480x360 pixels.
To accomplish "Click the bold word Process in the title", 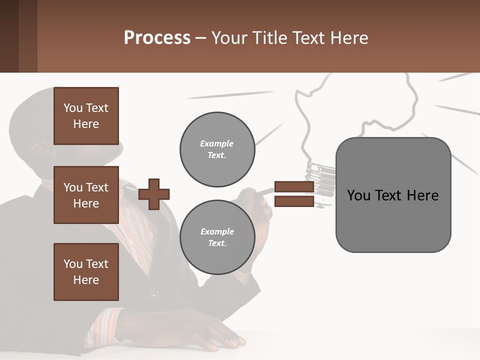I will tap(157, 38).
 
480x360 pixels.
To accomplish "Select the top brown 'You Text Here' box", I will tap(86, 116).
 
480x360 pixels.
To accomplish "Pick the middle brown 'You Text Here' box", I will tap(86, 195).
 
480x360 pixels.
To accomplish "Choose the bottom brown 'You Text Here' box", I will tap(86, 272).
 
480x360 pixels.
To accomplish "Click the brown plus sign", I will tap(154, 194).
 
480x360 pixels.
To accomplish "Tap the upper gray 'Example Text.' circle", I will tap(217, 149).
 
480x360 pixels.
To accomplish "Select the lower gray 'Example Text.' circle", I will tap(217, 237).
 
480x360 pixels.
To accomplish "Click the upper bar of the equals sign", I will tap(294, 187).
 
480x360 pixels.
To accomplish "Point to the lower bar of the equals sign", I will tap(294, 201).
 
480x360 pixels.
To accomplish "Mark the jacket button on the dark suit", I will tap(154, 295).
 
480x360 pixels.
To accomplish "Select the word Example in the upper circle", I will tap(217, 143).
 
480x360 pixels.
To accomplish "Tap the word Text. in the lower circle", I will tap(217, 243).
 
